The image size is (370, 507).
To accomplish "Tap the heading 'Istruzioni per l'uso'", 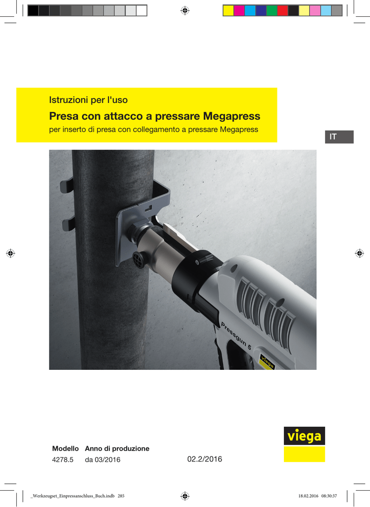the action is [88, 100].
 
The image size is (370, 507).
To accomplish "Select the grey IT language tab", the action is [339, 137].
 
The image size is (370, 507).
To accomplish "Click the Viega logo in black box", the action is [304, 436].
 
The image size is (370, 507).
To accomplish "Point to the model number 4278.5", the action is [63, 459].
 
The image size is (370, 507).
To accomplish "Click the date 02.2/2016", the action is [205, 459].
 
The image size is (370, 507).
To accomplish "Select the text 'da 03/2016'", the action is [102, 459].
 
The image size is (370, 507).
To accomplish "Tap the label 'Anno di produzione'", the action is [117, 449].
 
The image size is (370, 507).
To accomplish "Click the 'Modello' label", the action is [65, 449].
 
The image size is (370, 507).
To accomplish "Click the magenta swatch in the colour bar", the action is [239, 11].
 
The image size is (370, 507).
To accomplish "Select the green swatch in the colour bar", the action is [272, 11].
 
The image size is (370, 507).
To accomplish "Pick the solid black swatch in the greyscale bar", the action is [33, 11].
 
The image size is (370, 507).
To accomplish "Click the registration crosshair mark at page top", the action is [185, 11].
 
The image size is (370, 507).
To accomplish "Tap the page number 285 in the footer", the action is [121, 496].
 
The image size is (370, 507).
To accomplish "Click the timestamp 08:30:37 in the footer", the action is [329, 496].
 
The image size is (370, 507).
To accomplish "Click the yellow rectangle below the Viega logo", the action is [304, 455].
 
